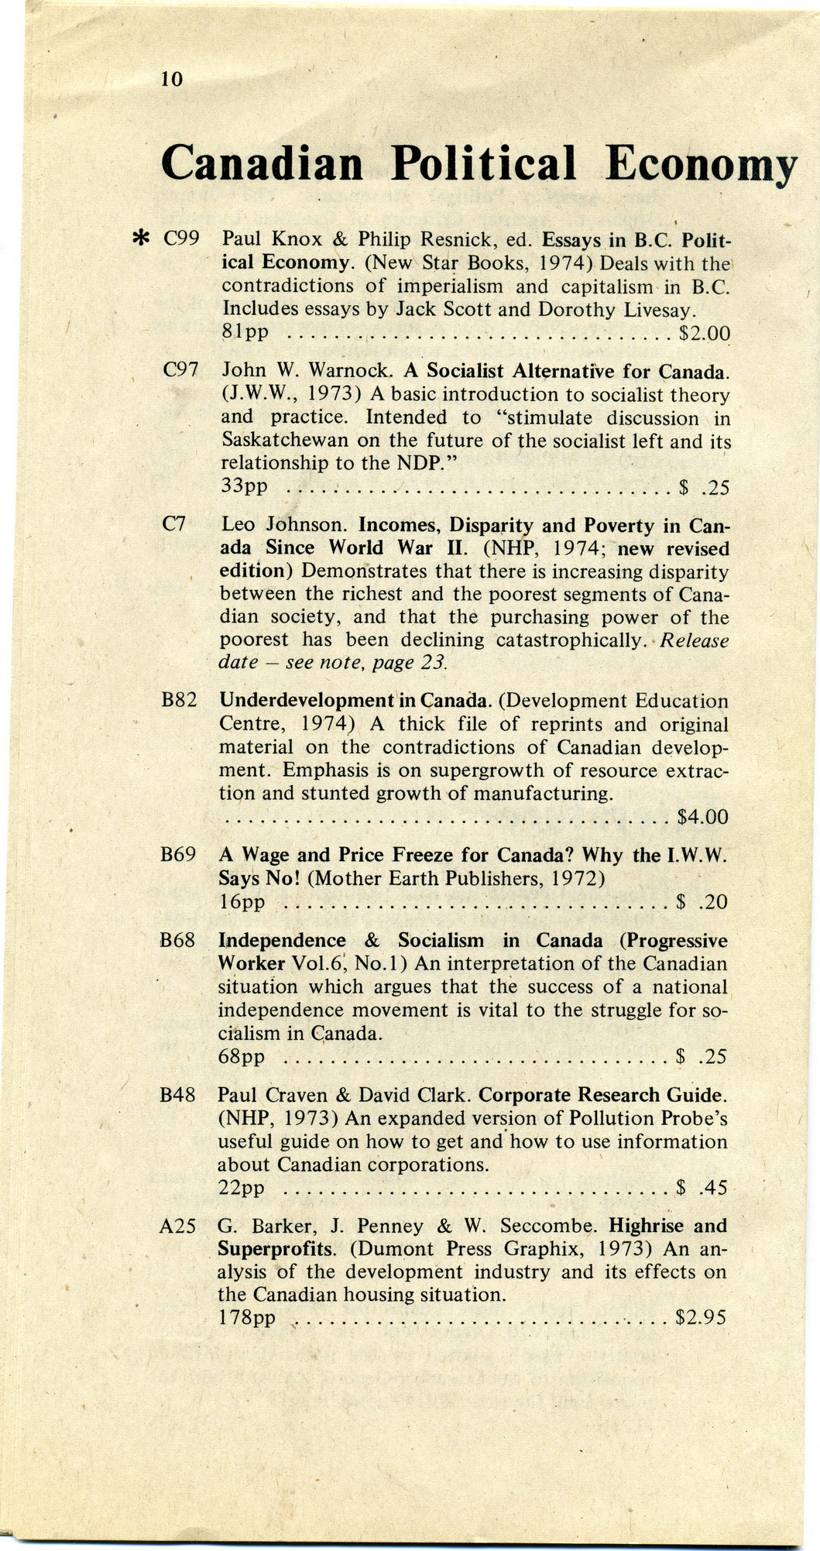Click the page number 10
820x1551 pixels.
(171, 78)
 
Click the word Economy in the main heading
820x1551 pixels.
(701, 165)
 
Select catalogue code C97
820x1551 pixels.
(182, 371)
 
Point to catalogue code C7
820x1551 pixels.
(175, 524)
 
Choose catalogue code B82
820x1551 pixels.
(179, 701)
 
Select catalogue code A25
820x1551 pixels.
(177, 1226)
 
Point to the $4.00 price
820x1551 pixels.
(702, 817)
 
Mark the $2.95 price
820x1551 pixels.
(701, 1317)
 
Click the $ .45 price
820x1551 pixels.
(702, 1187)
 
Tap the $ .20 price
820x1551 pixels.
(702, 902)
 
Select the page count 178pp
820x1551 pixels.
(246, 1317)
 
